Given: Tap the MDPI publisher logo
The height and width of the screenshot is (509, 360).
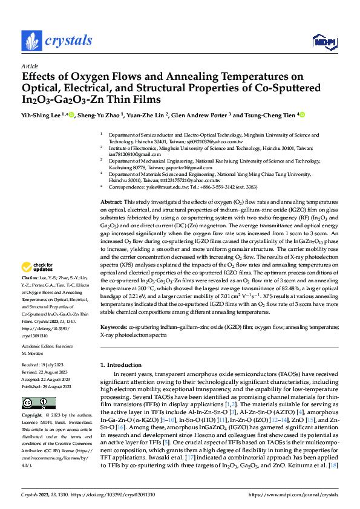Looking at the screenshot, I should click(x=323, y=42).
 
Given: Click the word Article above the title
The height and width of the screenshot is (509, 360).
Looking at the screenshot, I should click(x=30, y=66).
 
